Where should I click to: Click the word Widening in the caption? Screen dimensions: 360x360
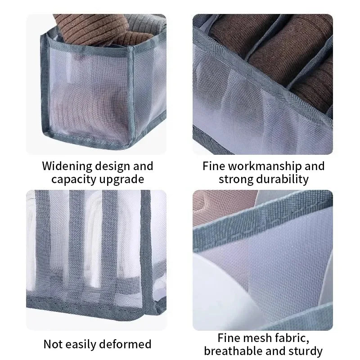click(67, 166)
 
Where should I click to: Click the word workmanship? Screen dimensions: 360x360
click(265, 166)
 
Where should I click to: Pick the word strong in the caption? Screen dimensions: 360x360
click(236, 179)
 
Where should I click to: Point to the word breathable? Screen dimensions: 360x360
click(233, 351)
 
